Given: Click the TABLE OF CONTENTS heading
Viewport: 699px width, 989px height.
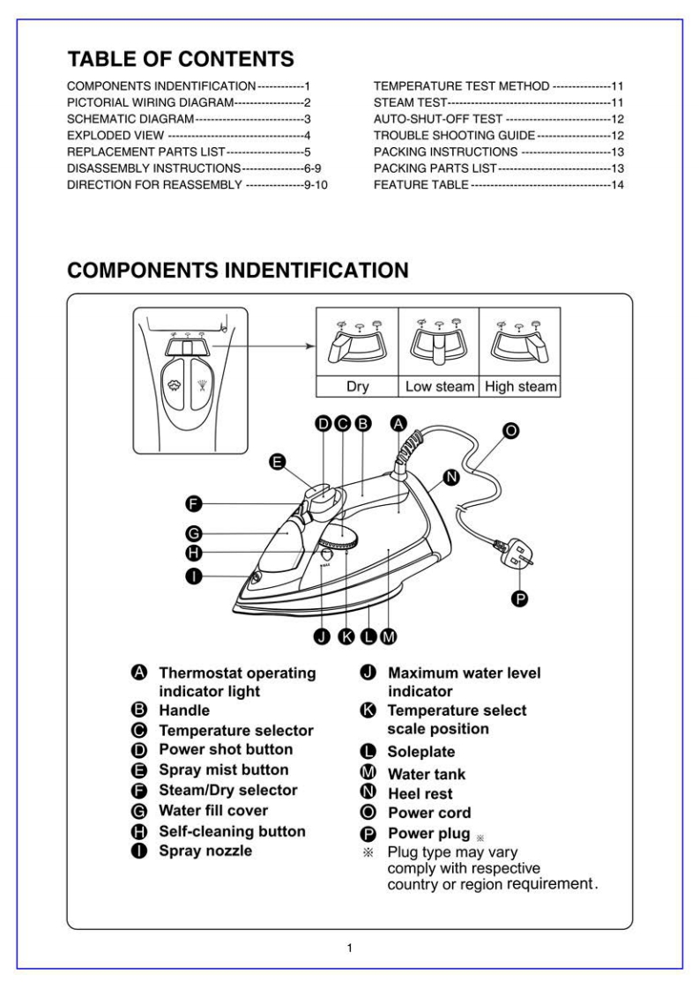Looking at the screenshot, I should [181, 60].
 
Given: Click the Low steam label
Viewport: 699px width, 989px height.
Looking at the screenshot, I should [439, 386].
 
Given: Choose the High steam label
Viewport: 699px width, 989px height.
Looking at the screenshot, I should [521, 386].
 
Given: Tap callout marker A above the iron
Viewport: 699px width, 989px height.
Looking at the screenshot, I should [398, 424].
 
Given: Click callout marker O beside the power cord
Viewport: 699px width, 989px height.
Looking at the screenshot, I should [510, 431].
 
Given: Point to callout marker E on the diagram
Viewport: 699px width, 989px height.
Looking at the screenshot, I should [278, 461].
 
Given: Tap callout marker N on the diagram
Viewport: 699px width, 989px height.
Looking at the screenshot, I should [450, 477].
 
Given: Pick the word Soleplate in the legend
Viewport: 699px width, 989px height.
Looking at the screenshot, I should [420, 753].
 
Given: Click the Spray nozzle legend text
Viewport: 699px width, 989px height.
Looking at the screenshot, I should [204, 851].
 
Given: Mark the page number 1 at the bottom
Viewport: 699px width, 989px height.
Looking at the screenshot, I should [350, 948].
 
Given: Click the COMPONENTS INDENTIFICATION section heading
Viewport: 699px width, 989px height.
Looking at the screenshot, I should [238, 269].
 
